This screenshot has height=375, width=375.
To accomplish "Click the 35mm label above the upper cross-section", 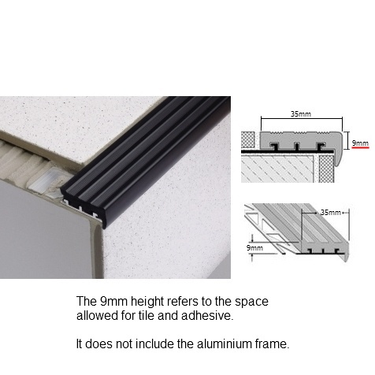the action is [x=301, y=114].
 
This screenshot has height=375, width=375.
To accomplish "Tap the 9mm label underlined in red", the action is [x=360, y=143].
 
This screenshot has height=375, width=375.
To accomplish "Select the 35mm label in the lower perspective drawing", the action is [x=331, y=212].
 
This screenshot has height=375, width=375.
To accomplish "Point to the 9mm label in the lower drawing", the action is [x=254, y=247].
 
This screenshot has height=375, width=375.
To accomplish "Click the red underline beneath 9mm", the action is [x=360, y=148].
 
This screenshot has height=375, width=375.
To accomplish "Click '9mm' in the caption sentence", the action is [x=113, y=302].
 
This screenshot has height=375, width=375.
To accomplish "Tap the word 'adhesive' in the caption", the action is [x=207, y=315].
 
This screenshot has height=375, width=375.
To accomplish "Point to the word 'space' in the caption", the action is [x=251, y=302].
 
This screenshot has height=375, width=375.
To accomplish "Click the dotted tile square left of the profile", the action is [x=248, y=139].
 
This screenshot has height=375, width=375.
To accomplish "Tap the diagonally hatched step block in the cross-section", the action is [x=277, y=168].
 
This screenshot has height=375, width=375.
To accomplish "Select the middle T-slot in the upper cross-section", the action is [x=297, y=147].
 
